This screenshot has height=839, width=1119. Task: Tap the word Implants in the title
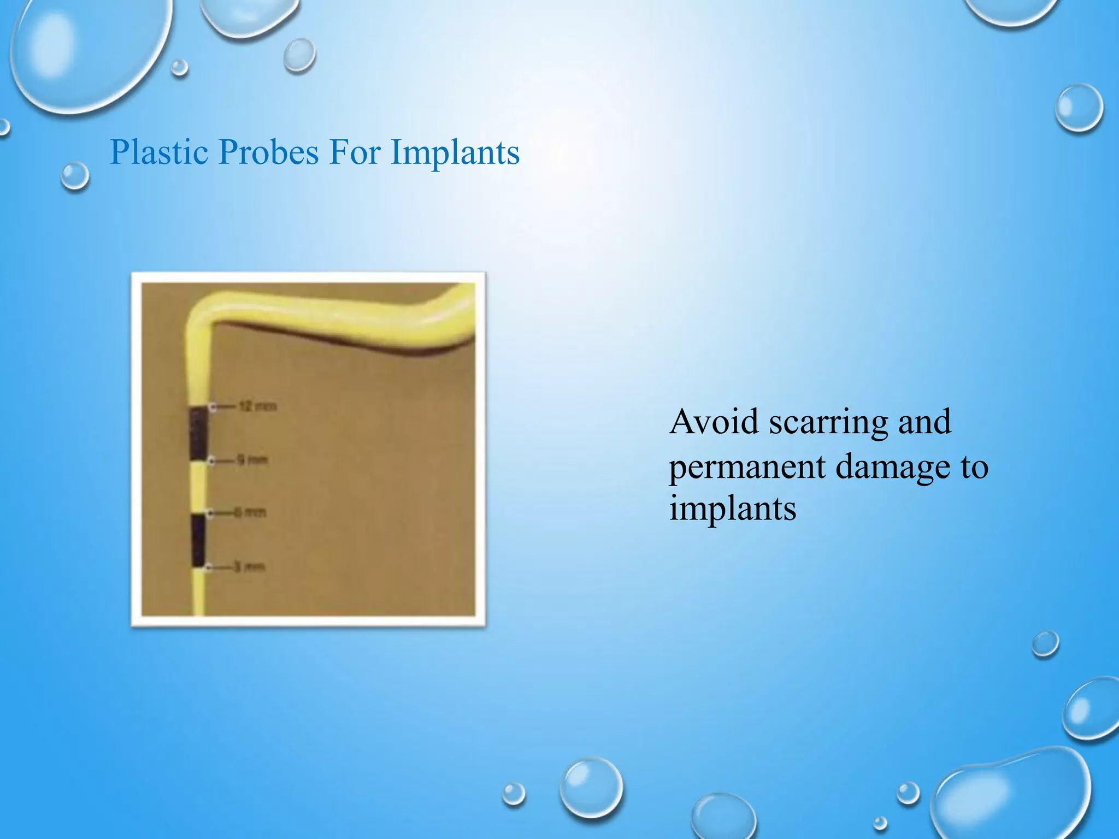(x=455, y=153)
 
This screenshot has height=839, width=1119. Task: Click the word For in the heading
(x=355, y=152)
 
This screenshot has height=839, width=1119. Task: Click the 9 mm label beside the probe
(x=251, y=460)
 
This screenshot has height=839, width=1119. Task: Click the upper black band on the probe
(x=198, y=433)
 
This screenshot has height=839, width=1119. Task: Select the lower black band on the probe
(x=198, y=540)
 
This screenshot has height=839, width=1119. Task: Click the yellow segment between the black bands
(x=198, y=486)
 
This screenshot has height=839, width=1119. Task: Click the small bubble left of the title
(x=74, y=176)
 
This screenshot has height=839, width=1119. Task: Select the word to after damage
(x=974, y=468)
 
